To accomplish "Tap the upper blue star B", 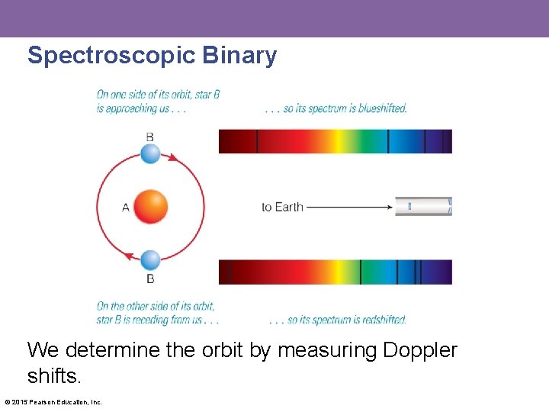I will pos(151,153).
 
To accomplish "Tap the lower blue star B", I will pos(151,260).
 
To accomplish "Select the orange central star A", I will pos(150,207).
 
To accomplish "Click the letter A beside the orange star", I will pos(126,207).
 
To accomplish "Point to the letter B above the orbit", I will pos(150,136).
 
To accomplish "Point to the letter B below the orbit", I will pos(150,278).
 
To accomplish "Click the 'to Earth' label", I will pos(282,207).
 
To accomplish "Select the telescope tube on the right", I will pos(423,206).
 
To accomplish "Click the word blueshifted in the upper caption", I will pos(381,108).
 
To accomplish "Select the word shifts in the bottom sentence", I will pos(53,377).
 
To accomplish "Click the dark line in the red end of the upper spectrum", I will pos(257,141).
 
